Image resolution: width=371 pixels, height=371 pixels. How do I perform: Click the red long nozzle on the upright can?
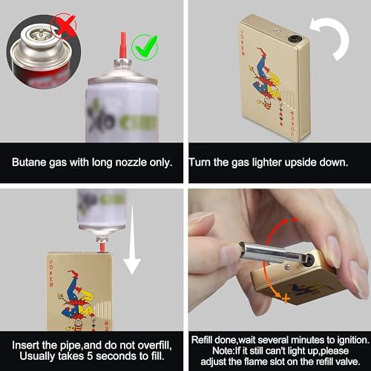tap(123, 45)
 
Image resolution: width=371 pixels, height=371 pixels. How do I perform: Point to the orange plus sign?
tap(286, 298)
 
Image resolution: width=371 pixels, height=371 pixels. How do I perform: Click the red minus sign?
tap(294, 220)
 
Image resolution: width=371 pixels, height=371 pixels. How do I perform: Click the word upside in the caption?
tap(300, 163)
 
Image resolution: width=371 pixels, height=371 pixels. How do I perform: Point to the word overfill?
tap(154, 345)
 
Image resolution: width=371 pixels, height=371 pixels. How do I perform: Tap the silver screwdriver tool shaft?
tap(269, 253)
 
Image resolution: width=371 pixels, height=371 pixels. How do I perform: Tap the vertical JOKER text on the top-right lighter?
tap(243, 42)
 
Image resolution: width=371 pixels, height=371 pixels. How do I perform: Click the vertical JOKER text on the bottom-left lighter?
tap(51, 273)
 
